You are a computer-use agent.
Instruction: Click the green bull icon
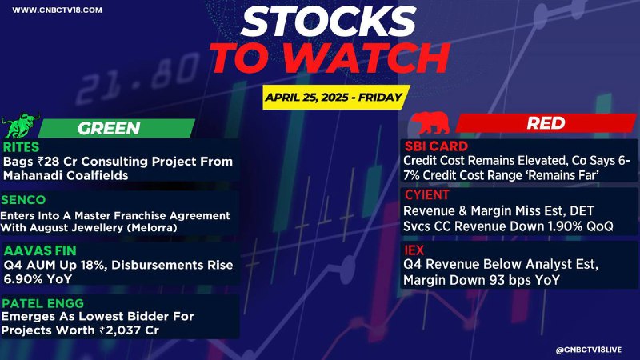pyautogui.click(x=21, y=126)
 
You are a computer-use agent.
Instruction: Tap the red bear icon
pyautogui.click(x=430, y=123)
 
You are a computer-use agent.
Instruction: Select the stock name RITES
pyautogui.click(x=22, y=147)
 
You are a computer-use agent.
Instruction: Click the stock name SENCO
pyautogui.click(x=23, y=199)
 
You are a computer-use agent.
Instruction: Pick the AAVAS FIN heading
pyautogui.click(x=40, y=250)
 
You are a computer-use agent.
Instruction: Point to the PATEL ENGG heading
pyautogui.click(x=43, y=303)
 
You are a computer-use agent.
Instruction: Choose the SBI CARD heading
pyautogui.click(x=436, y=146)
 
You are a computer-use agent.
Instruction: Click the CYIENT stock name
pyautogui.click(x=426, y=194)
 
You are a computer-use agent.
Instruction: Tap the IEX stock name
pyautogui.click(x=414, y=250)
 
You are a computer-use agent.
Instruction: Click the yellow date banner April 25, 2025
pyautogui.click(x=334, y=97)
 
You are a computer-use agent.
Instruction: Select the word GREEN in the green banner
pyautogui.click(x=109, y=128)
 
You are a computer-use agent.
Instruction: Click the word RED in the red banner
pyautogui.click(x=546, y=123)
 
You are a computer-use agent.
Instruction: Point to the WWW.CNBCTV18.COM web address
pyautogui.click(x=57, y=10)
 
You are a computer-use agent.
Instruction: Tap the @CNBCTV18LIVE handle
pyautogui.click(x=589, y=350)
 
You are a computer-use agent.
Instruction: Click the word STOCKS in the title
pyautogui.click(x=329, y=22)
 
